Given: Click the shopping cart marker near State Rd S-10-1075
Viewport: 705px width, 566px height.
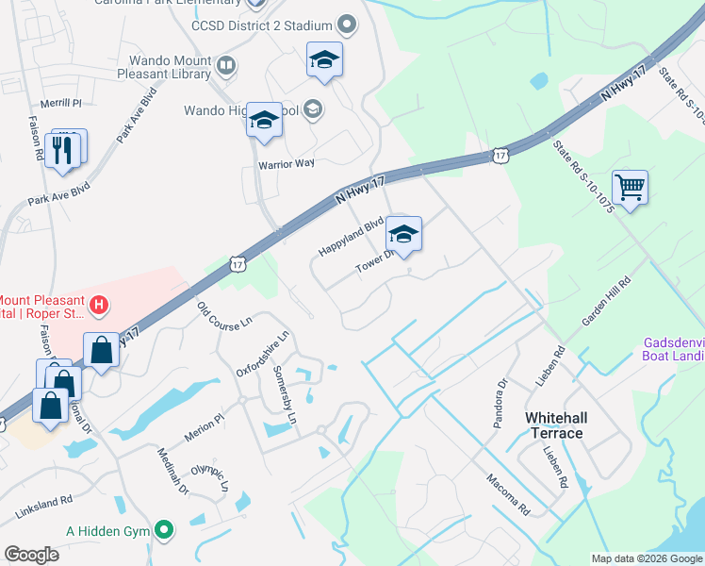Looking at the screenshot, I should (x=629, y=186).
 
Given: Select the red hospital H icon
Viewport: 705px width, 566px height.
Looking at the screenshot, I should (x=99, y=305).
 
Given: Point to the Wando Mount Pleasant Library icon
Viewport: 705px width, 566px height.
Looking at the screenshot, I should (x=225, y=65).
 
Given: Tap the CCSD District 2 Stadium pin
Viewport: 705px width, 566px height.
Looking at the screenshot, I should (x=346, y=25).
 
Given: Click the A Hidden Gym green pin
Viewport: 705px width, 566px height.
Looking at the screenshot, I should (x=165, y=531).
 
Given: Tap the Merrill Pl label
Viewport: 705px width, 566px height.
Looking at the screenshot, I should (x=61, y=102).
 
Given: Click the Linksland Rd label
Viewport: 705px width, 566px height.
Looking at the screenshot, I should (x=43, y=508).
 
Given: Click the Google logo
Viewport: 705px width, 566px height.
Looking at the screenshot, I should (x=32, y=555).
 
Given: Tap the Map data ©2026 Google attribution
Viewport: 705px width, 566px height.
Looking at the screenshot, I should (x=645, y=558).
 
